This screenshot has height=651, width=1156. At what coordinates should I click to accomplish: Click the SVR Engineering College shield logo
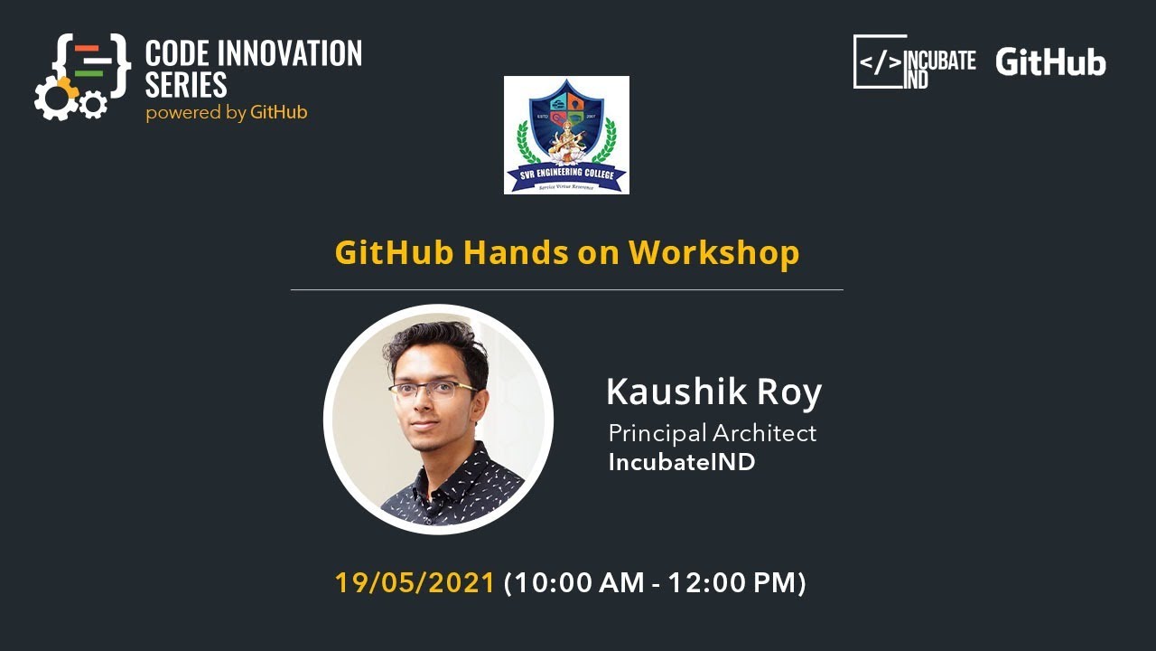point(566,135)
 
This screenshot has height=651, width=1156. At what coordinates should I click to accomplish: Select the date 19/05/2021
point(415,582)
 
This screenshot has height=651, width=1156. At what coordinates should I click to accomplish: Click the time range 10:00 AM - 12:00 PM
point(655,582)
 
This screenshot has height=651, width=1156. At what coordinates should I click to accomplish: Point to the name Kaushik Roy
point(713,392)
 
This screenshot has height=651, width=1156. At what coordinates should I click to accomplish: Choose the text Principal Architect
point(712,433)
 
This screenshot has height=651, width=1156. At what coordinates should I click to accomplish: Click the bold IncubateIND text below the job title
point(682,462)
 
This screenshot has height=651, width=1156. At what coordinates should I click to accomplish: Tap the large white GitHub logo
point(1050,62)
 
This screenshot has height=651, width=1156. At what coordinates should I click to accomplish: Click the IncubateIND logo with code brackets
point(914,61)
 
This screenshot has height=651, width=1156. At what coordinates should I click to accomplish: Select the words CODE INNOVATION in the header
point(254,53)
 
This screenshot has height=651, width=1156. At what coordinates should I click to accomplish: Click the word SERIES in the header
point(186,85)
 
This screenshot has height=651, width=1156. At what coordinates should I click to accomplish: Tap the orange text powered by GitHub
point(226,113)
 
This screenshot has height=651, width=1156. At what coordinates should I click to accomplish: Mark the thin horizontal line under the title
point(566,289)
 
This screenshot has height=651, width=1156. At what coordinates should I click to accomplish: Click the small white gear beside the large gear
point(92,105)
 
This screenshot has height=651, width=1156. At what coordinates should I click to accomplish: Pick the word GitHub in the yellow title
point(395,252)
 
